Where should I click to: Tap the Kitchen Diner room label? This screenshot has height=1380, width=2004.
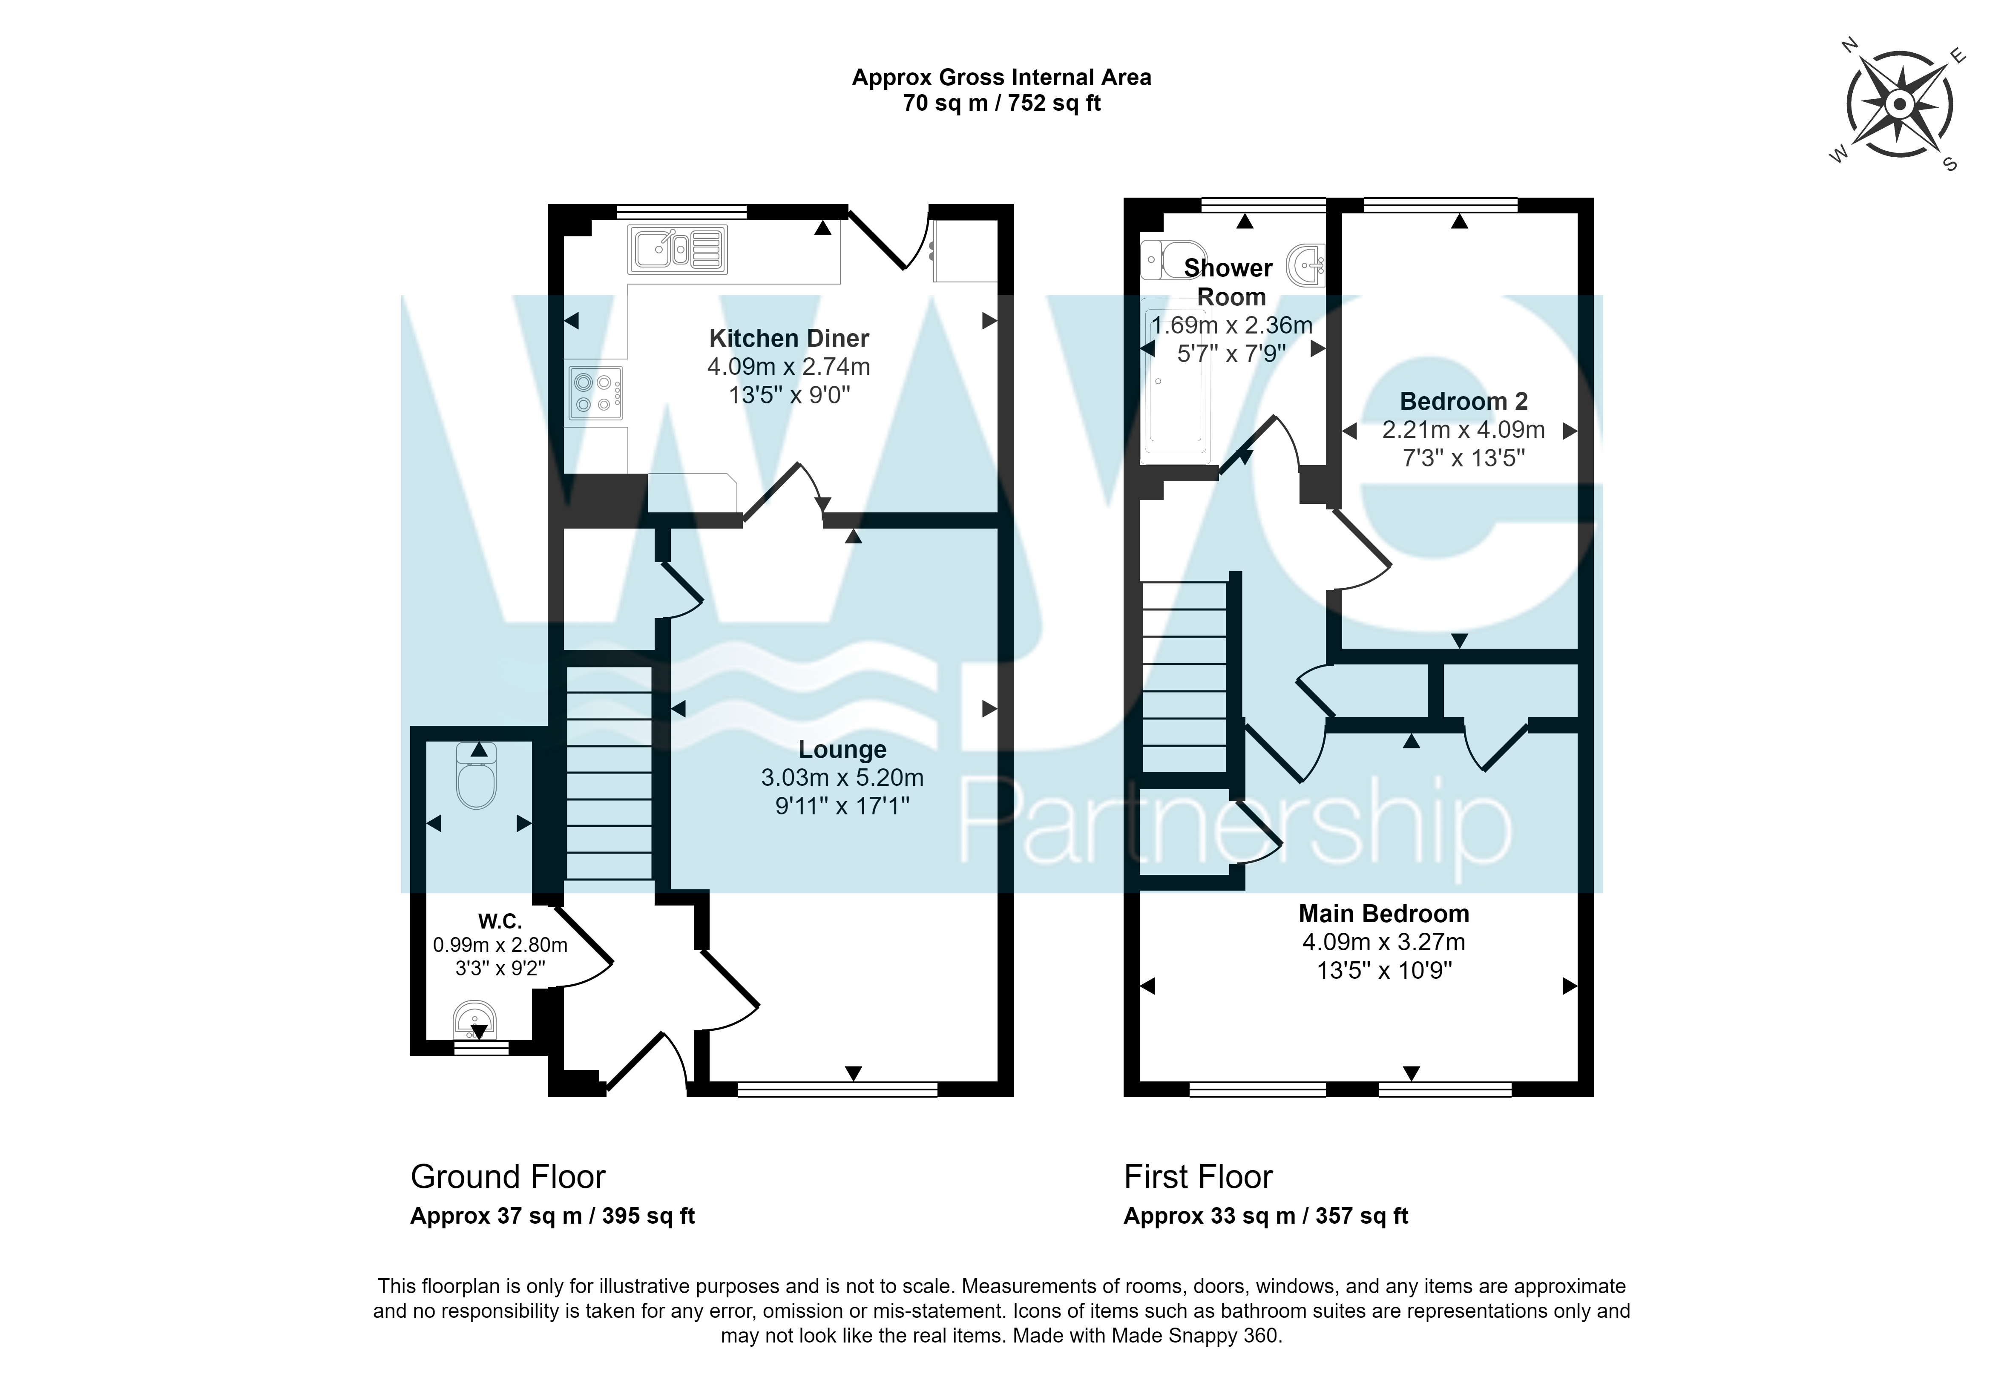pyautogui.click(x=788, y=338)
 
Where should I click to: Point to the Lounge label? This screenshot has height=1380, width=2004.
pyautogui.click(x=842, y=750)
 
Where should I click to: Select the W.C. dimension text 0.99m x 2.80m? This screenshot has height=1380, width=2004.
pyautogui.click(x=500, y=945)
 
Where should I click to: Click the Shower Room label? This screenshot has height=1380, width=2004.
pyautogui.click(x=1229, y=282)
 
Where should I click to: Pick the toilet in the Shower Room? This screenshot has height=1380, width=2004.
pyautogui.click(x=1173, y=259)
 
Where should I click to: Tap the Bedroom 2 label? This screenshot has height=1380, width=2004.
pyautogui.click(x=1463, y=401)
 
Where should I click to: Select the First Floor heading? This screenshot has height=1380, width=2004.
pyautogui.click(x=1198, y=1177)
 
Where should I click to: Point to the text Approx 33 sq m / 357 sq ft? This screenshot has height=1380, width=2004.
pyautogui.click(x=1266, y=1216)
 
